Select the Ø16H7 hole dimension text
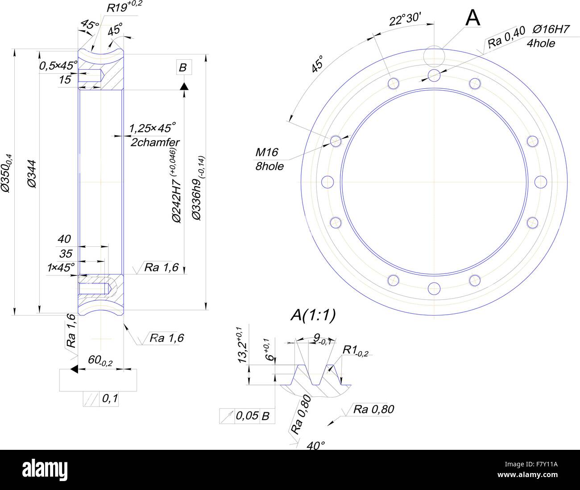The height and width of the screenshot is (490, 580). coord(551,30)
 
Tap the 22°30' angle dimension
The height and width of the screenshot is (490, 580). coord(405,20)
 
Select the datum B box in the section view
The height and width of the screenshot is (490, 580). coord(183,68)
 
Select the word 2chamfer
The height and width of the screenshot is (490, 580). coord(155,142)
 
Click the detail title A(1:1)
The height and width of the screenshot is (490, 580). coord(313,315)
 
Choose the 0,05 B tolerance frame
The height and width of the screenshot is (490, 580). coord(247,416)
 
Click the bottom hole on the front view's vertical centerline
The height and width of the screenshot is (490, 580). coord(434,289)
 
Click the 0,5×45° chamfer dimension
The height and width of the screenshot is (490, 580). coord(58,66)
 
